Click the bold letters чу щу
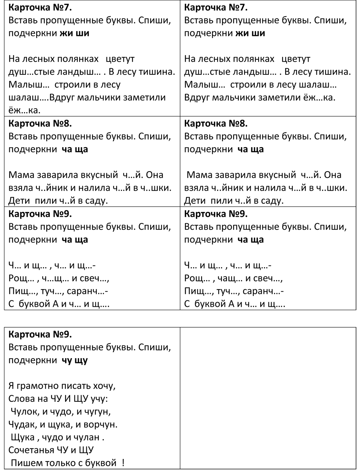(75, 360)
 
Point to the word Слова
(21, 399)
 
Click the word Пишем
(25, 463)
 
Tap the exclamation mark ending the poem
(123, 463)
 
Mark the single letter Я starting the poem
(11, 386)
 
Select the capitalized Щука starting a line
(22, 438)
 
